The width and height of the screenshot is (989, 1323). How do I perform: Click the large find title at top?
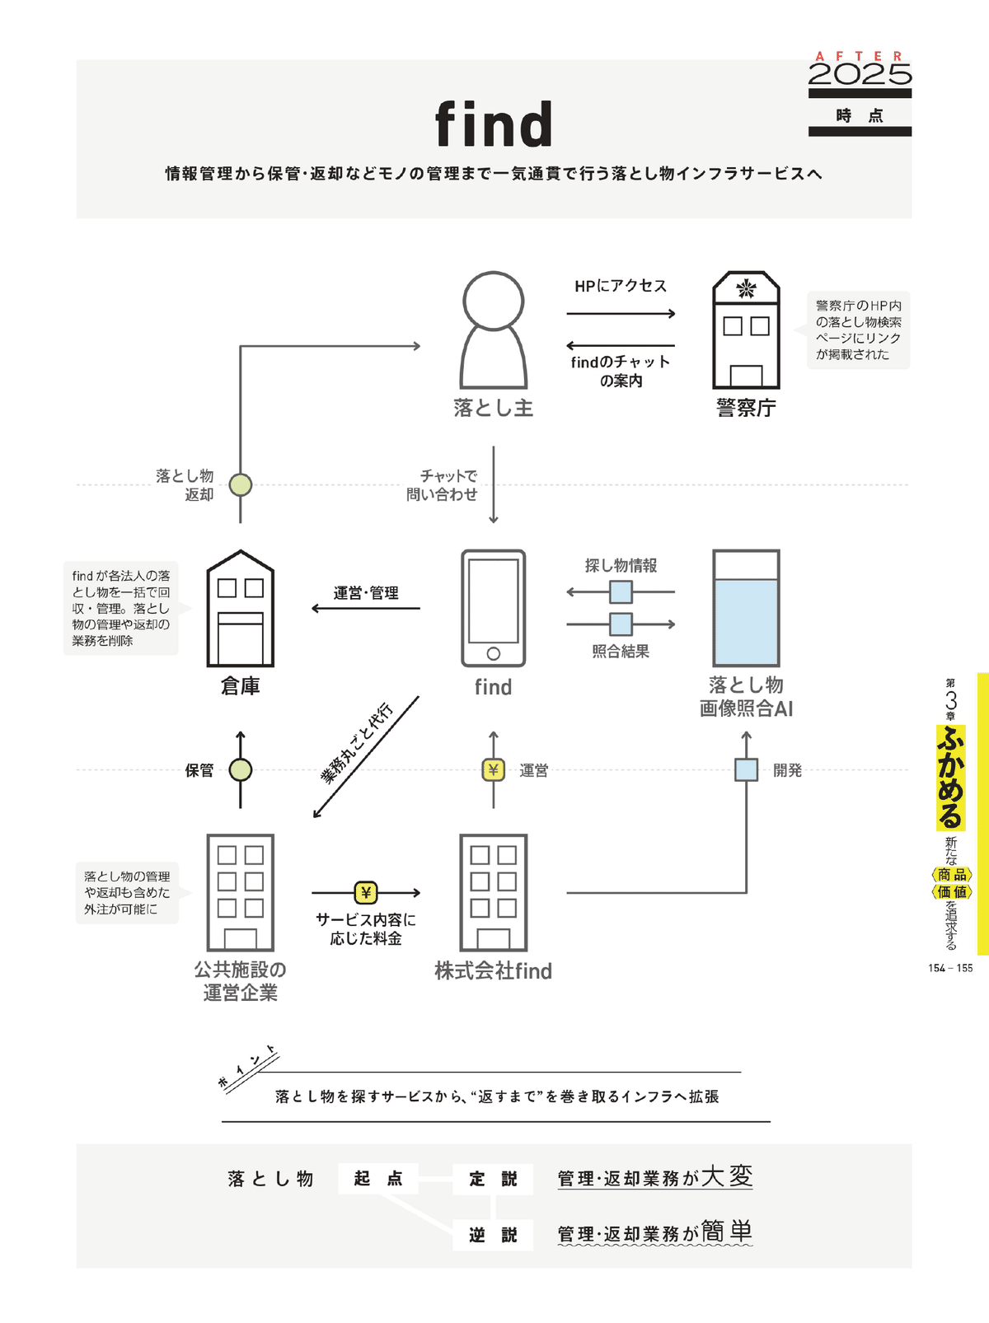click(493, 124)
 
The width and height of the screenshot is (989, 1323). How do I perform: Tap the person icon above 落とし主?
click(493, 330)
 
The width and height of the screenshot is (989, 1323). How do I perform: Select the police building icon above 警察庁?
click(746, 330)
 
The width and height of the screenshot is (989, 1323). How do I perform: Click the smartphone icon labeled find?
click(493, 608)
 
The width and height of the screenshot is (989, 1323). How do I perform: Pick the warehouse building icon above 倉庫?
click(240, 610)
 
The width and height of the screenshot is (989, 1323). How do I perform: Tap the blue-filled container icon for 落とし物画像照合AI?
click(746, 608)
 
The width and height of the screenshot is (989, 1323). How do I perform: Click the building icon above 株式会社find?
click(493, 892)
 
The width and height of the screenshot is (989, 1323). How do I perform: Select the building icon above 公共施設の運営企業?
click(240, 892)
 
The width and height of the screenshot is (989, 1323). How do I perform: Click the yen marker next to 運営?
click(493, 770)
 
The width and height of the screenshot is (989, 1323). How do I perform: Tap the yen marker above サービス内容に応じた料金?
click(366, 892)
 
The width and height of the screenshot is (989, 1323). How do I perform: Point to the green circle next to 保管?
click(240, 770)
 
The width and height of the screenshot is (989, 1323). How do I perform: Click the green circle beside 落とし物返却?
click(240, 485)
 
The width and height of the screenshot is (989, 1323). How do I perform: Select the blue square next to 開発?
click(746, 770)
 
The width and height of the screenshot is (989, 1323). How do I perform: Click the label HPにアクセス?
click(621, 286)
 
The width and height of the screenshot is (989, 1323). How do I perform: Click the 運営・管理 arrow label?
click(366, 593)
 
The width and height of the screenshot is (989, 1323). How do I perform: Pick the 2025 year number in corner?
click(860, 75)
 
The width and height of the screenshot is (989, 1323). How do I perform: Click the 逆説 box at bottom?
click(493, 1235)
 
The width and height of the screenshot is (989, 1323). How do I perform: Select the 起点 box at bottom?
click(378, 1179)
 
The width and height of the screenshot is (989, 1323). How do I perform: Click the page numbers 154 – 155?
click(950, 968)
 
